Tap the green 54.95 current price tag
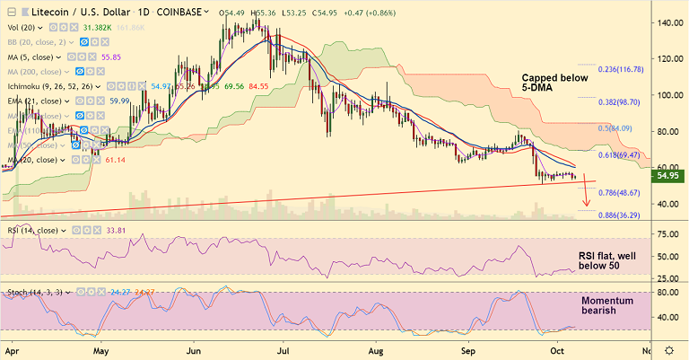pos(672,176)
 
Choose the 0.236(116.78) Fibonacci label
pos(621,68)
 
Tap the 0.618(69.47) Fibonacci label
pos(622,155)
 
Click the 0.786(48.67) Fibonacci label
pos(622,193)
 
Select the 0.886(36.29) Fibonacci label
pos(622,215)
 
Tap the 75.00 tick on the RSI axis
pos(667,234)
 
